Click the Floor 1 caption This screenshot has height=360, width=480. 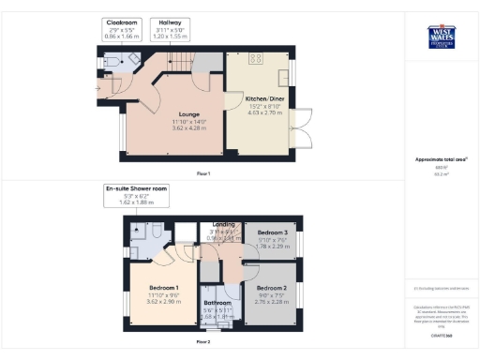tap(203, 174)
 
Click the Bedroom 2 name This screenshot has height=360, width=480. tap(271, 288)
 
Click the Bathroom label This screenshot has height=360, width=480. tap(217, 302)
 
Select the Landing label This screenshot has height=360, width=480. tap(224, 225)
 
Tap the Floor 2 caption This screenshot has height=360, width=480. tap(203, 342)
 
